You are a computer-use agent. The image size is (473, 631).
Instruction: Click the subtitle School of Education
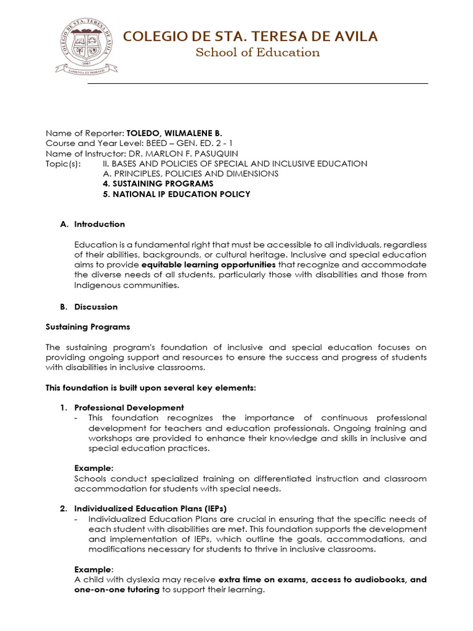pos(257,52)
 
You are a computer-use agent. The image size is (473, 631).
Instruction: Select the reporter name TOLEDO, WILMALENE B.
pos(174,133)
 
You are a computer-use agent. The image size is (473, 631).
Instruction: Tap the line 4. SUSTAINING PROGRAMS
pos(158,184)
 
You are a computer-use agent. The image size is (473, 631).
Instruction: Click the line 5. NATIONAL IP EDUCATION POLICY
pos(176,194)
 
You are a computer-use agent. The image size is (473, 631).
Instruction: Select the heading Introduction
pos(99,224)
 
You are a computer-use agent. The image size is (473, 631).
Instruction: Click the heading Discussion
pos(95,307)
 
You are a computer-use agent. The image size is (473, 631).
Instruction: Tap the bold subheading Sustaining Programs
pos(88,327)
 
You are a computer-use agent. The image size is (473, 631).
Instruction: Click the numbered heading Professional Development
pos(129,407)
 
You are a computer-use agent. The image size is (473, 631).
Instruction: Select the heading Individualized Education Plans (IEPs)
pos(150,508)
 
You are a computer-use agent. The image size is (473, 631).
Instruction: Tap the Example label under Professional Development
pos(94,468)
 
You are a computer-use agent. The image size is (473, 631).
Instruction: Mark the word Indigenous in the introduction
pos(96,285)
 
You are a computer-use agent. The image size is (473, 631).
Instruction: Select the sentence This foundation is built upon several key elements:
pos(150,388)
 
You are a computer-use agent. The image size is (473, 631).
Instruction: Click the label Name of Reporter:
pos(84,133)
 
